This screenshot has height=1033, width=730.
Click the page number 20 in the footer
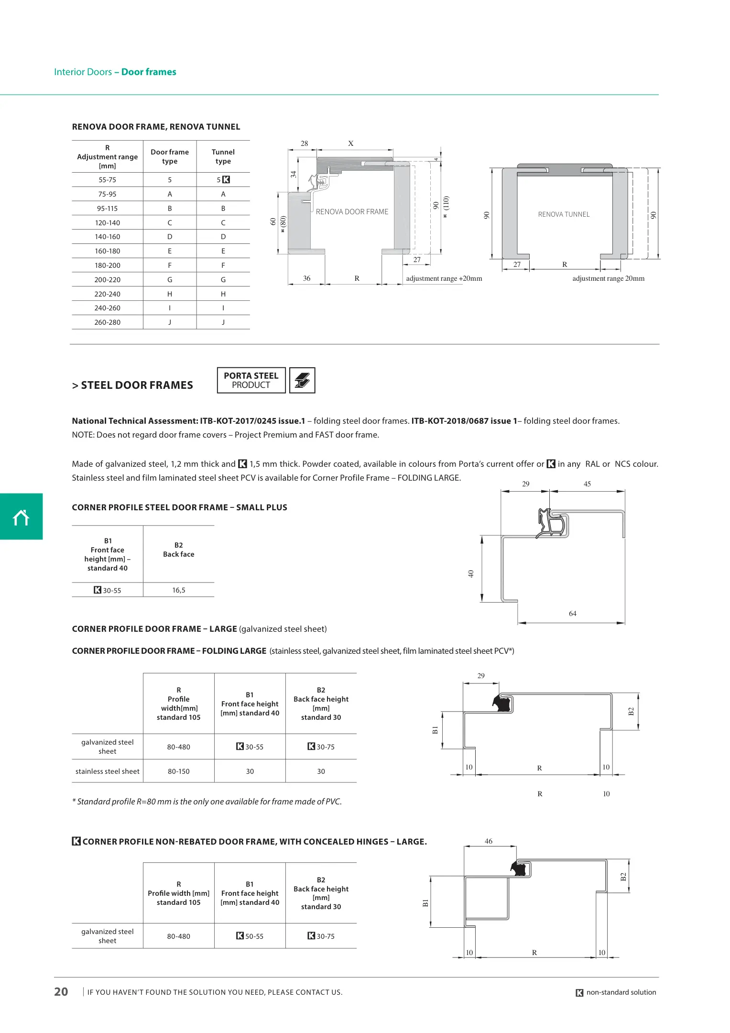point(61,992)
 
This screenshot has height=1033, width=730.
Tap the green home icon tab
point(21,517)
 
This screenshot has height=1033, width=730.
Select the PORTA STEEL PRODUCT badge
point(251,380)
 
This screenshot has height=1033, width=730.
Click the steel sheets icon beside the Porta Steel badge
point(302,380)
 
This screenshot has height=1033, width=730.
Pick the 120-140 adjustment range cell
point(108,223)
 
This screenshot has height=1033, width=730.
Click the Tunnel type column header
point(223,156)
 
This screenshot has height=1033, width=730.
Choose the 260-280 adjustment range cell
point(108,322)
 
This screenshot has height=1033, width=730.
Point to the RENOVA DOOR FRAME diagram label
point(352,212)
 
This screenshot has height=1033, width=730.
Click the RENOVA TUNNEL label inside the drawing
point(564,215)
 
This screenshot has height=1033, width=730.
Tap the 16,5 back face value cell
point(179,590)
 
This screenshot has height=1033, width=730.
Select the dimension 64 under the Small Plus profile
point(572,614)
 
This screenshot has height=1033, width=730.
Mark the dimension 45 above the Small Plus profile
point(587,484)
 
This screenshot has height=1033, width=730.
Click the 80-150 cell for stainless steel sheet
point(179,771)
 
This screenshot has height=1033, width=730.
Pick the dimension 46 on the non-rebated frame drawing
point(489,841)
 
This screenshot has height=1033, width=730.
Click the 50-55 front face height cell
point(250,936)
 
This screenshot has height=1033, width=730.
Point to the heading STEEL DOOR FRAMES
point(137,385)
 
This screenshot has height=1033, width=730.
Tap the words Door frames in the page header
point(149,72)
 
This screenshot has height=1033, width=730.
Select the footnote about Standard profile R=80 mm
point(207,802)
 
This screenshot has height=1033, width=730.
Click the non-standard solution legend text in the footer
point(621,992)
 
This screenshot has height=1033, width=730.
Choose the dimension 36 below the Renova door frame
point(306,278)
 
